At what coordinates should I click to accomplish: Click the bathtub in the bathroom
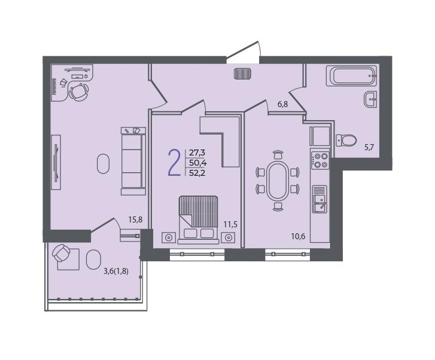(x=351, y=76)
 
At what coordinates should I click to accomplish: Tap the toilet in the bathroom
(x=346, y=141)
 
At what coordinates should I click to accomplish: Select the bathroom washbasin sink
(x=370, y=99)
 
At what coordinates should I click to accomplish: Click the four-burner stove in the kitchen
(x=320, y=161)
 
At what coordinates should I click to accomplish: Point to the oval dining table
(x=278, y=181)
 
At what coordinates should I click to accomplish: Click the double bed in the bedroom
(x=198, y=219)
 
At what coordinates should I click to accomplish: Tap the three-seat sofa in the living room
(x=133, y=161)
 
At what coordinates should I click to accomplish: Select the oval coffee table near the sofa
(x=103, y=164)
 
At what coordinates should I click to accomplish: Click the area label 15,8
(x=135, y=219)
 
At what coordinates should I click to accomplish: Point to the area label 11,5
(x=230, y=224)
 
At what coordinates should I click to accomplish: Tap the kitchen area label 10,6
(x=298, y=236)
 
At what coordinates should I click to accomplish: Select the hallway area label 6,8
(x=282, y=104)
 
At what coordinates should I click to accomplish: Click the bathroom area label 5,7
(x=369, y=147)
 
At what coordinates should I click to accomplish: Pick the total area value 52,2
(x=197, y=173)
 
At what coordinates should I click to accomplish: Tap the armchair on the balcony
(x=61, y=253)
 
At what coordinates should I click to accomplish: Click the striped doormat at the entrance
(x=243, y=74)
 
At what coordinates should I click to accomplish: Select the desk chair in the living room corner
(x=79, y=91)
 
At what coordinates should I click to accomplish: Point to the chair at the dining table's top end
(x=278, y=154)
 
